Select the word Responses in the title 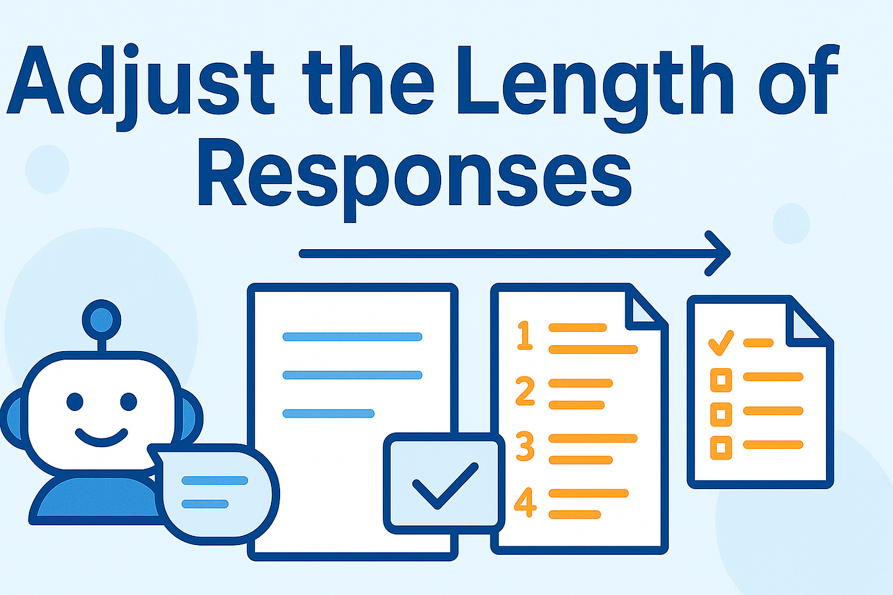tap(414, 174)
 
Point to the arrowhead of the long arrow tap(720, 253)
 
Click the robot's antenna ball tap(101, 320)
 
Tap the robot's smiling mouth tap(101, 437)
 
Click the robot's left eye tap(74, 400)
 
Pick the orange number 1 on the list tap(525, 335)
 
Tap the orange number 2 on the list tap(525, 391)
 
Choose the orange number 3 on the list tap(525, 446)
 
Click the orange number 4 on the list tap(525, 502)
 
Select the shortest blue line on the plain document tap(328, 414)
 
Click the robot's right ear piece tap(189, 417)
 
